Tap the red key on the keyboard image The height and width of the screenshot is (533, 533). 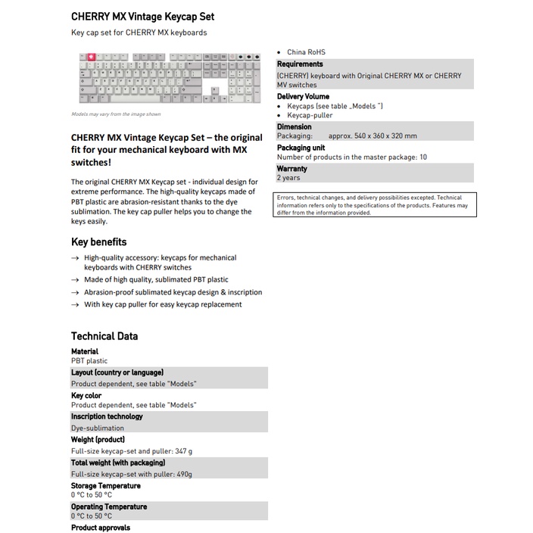click(x=92, y=57)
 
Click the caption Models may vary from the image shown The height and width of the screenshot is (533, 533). click(x=116, y=114)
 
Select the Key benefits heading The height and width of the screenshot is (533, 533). click(x=98, y=242)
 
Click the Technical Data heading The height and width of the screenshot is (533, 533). click(x=104, y=336)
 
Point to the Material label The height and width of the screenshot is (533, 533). click(x=85, y=351)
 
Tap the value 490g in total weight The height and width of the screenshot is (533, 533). click(x=182, y=474)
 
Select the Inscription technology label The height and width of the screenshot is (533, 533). click(x=107, y=416)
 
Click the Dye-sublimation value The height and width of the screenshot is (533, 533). click(x=98, y=428)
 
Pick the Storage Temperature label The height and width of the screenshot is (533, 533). click(x=105, y=485)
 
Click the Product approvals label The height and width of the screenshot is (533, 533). click(x=101, y=528)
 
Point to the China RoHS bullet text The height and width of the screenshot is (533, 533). click(x=306, y=52)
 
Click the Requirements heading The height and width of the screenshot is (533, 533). click(x=300, y=64)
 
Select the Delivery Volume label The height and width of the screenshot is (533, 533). click(x=303, y=97)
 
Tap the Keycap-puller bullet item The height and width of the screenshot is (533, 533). click(x=310, y=116)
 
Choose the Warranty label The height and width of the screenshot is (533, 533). click(x=292, y=169)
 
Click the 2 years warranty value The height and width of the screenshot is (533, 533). click(x=288, y=178)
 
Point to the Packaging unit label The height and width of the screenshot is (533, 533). click(x=301, y=148)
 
